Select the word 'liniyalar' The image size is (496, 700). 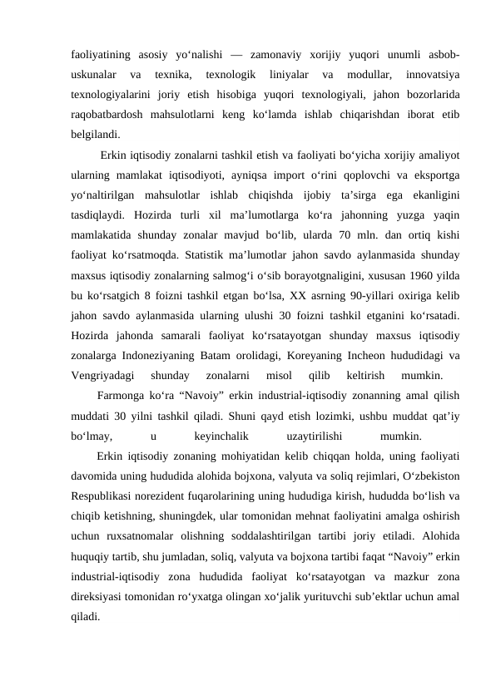(x=283, y=76)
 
